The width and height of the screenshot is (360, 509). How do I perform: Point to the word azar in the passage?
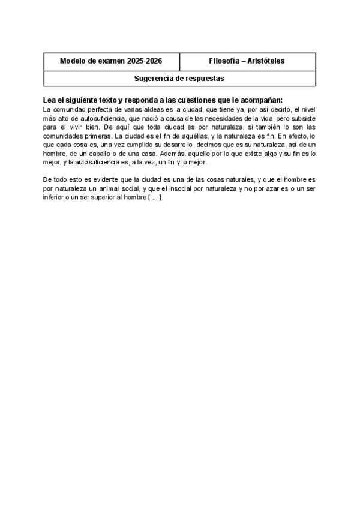(262, 188)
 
